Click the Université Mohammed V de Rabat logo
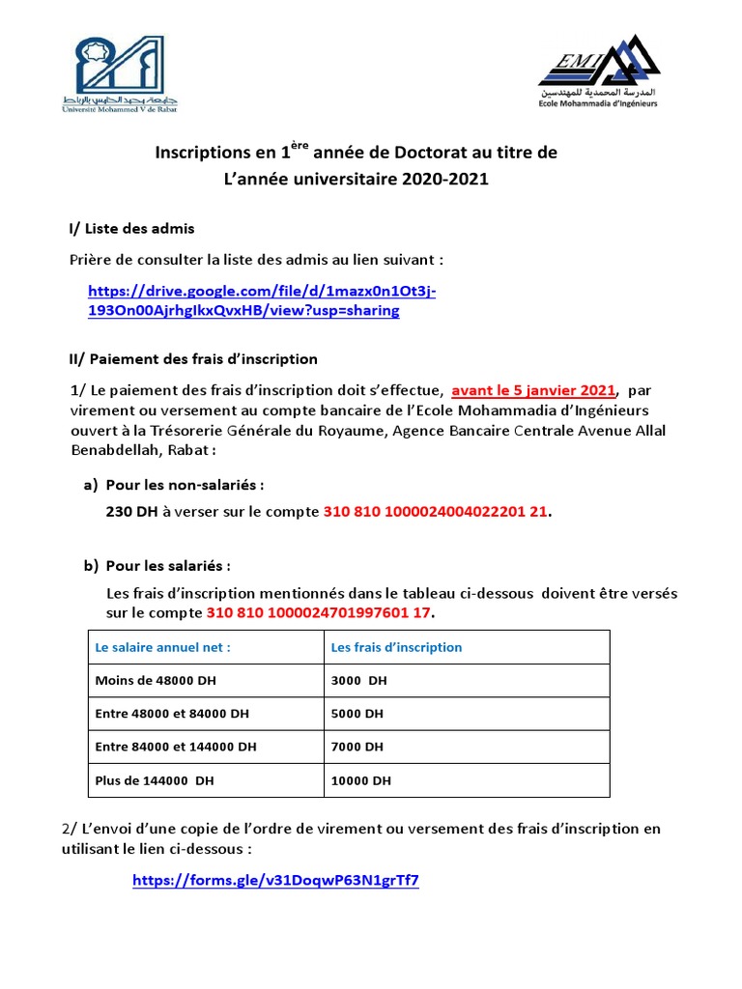[119, 73]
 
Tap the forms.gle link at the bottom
[275, 881]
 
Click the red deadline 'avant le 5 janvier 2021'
[533, 391]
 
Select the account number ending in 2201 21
[435, 513]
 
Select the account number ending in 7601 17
[320, 614]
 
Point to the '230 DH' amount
[131, 513]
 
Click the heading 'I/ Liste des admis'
[131, 229]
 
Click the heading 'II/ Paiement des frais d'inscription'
[193, 359]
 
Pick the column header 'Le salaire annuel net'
[163, 647]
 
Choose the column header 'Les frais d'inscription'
[396, 647]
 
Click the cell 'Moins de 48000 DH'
[156, 681]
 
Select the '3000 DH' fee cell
[358, 681]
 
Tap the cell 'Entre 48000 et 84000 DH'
[172, 714]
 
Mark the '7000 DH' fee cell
[357, 747]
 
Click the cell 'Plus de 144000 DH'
[155, 780]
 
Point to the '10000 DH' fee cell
[361, 780]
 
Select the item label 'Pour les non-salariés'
[185, 484]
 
